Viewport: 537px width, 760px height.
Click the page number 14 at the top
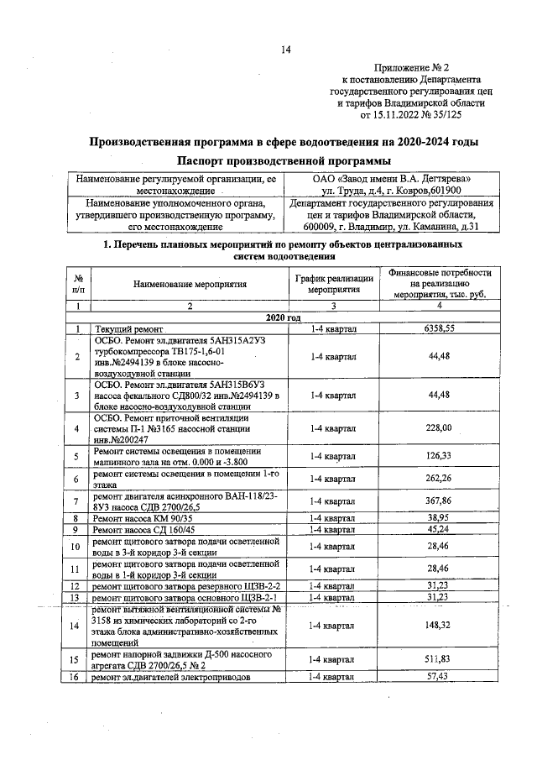tap(285, 50)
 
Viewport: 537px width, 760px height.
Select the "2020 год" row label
tap(283, 317)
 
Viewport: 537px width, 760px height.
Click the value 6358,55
tap(439, 329)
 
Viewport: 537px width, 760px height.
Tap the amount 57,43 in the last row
tap(439, 676)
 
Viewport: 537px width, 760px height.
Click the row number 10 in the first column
tap(76, 547)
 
